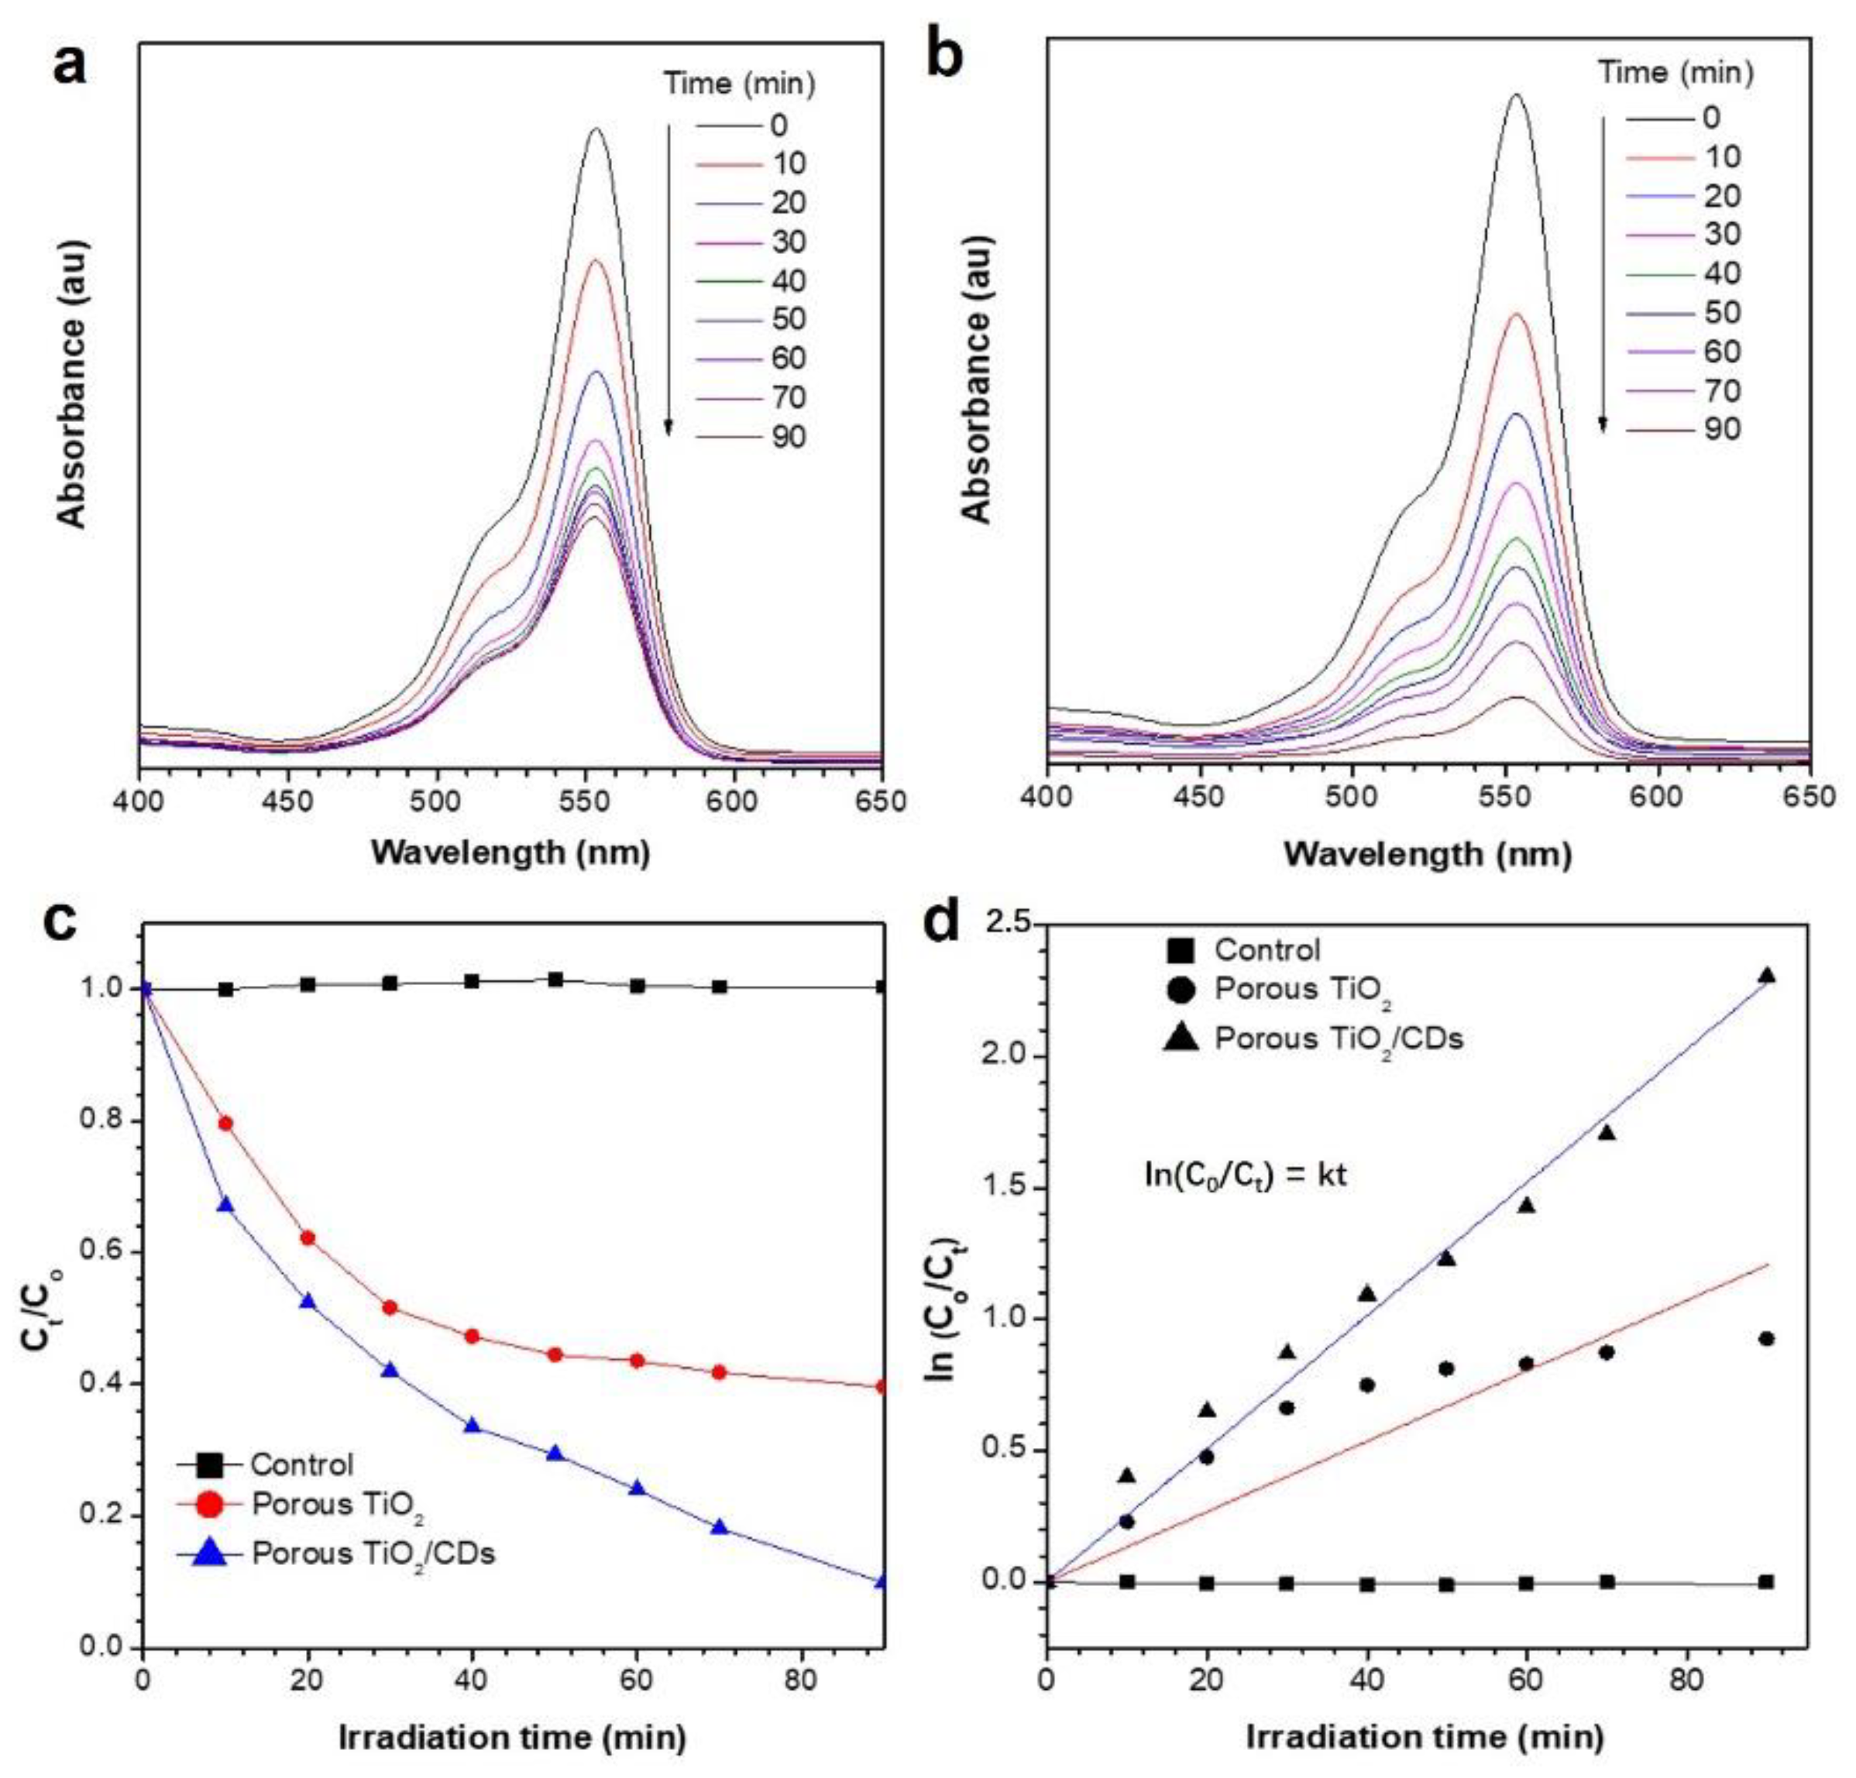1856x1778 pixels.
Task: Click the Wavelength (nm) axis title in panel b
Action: pos(1428,854)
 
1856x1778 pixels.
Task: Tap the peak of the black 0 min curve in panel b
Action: pos(1517,94)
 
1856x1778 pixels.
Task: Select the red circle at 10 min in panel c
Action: pos(225,1124)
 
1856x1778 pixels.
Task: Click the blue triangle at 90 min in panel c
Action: pos(882,1581)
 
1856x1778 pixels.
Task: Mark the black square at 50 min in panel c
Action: pos(556,979)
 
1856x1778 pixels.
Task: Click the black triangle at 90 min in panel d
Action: pos(1766,976)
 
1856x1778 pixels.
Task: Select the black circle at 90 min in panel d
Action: pos(1765,1339)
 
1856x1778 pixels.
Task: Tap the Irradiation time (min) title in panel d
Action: pos(1425,1736)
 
